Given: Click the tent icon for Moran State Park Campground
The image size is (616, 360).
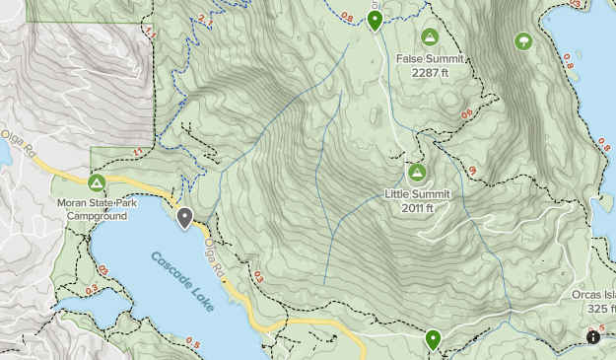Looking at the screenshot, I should click(97, 182).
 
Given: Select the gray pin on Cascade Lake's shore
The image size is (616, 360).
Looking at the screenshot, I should click(184, 218).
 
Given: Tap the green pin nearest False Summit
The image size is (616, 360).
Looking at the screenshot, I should click(375, 21).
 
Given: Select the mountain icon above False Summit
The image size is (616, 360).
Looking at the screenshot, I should click(429, 37).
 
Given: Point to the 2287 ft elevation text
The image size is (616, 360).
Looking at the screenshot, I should click(430, 72).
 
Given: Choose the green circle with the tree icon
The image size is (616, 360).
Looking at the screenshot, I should click(523, 41).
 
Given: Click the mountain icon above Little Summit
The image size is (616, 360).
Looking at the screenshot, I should click(417, 174).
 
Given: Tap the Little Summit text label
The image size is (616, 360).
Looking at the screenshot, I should click(417, 194).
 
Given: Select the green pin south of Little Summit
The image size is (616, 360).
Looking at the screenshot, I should click(433, 340).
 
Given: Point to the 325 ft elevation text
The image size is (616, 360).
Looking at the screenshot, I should click(597, 308).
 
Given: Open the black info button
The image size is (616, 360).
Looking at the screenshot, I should click(592, 337).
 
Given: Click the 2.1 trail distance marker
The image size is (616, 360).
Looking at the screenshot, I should click(204, 19).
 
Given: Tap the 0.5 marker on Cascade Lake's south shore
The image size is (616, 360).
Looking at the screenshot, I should click(192, 344).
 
